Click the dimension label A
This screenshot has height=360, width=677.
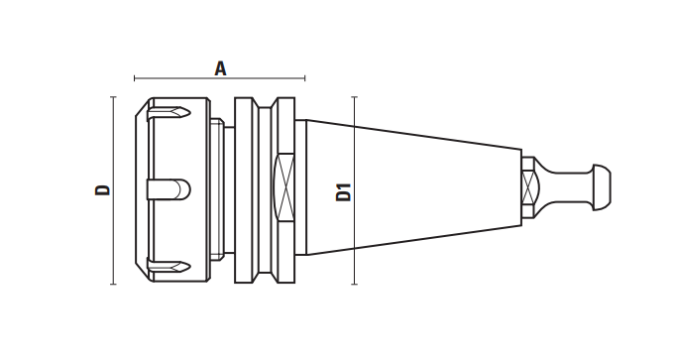click(221, 68)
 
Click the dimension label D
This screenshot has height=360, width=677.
click(103, 189)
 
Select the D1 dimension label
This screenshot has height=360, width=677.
click(344, 192)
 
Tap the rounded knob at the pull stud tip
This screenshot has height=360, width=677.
click(602, 187)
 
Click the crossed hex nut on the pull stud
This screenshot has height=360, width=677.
click(528, 187)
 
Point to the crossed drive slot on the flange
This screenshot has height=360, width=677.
click(284, 187)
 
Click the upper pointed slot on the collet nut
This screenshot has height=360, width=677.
click(169, 114)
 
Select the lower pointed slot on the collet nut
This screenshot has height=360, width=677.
click(169, 266)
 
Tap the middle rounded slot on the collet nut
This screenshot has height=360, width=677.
click(169, 189)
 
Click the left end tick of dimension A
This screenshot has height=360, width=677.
click(135, 78)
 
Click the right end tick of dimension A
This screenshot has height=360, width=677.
click(305, 78)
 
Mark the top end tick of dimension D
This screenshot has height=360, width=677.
click(113, 97)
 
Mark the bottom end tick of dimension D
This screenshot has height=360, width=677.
click(113, 284)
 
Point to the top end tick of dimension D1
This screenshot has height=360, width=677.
click(355, 97)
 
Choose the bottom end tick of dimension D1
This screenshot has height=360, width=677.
click(355, 284)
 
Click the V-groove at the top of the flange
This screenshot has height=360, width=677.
click(265, 103)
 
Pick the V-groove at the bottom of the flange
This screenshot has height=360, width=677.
click(265, 277)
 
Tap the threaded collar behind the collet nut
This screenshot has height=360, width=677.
click(217, 188)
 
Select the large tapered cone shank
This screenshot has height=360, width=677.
click(413, 187)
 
